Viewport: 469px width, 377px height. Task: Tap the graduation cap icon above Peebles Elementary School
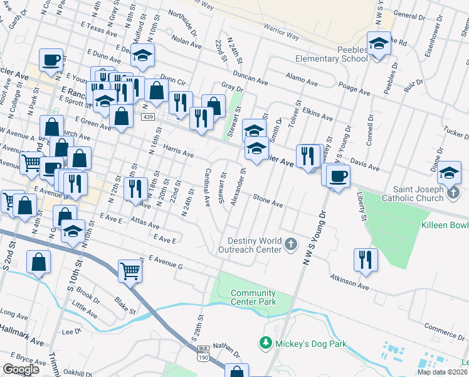pyautogui.click(x=378, y=44)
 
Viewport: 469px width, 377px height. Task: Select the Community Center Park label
pyautogui.click(x=253, y=297)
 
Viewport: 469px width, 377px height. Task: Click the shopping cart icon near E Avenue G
pyautogui.click(x=130, y=271)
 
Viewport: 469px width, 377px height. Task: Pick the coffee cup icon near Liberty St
pyautogui.click(x=338, y=175)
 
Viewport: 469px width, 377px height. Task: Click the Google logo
pyautogui.click(x=21, y=369)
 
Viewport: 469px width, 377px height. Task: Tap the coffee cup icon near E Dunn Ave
pyautogui.click(x=50, y=61)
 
